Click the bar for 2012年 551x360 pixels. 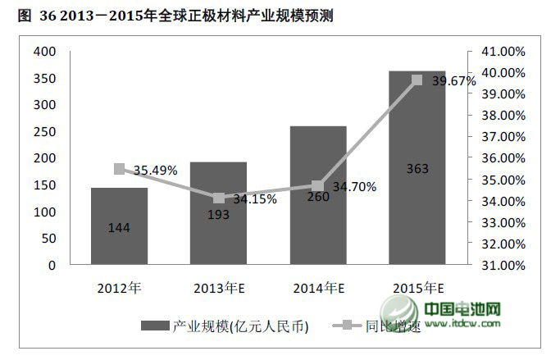click(x=119, y=226)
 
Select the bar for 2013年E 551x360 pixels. click(x=218, y=213)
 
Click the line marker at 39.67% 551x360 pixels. click(x=417, y=80)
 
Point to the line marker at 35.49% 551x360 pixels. click(x=119, y=169)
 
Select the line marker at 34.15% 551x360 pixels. click(x=218, y=198)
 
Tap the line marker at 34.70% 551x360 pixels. click(x=318, y=186)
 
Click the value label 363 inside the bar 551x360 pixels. click(x=417, y=169)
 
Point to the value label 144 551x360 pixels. click(x=119, y=227)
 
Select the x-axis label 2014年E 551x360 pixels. click(x=318, y=288)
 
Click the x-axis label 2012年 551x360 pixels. click(x=119, y=288)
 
